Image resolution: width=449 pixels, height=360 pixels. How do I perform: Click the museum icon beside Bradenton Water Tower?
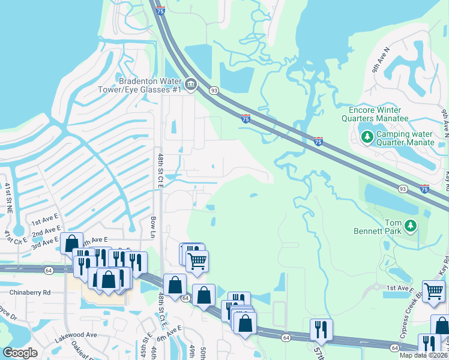191,85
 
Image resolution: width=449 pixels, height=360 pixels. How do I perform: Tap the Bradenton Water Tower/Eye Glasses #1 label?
150,85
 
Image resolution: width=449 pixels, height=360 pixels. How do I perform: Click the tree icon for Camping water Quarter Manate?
367,137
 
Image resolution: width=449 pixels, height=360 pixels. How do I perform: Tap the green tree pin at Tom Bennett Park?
411,226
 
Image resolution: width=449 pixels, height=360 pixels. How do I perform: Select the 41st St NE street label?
8,197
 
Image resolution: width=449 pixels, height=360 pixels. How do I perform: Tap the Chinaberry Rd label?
30,292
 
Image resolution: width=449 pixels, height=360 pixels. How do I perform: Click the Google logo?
20,353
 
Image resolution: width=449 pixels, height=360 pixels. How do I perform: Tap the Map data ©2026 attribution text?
423,355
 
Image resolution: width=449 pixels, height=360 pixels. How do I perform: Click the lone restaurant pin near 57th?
321,329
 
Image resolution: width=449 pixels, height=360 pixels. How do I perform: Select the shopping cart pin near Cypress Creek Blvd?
433,292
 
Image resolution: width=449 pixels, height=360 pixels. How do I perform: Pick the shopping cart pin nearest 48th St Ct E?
197,261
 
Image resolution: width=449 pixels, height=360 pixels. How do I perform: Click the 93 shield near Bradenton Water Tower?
214,89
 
